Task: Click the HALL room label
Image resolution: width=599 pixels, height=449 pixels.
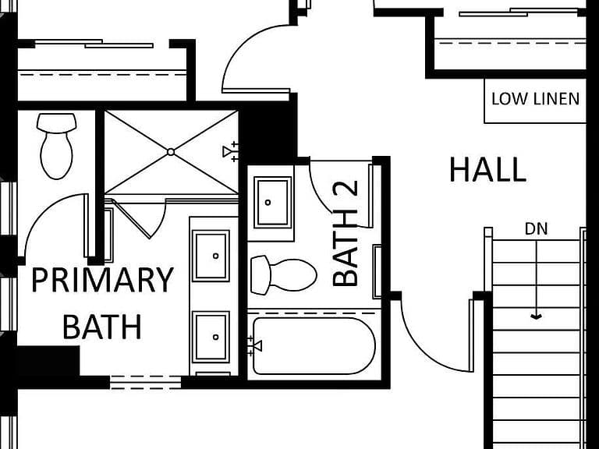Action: (x=487, y=169)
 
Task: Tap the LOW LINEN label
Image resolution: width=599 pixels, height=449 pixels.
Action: (x=535, y=99)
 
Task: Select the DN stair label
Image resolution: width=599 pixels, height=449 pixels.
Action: (x=536, y=228)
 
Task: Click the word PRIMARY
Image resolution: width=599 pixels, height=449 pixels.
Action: (x=102, y=280)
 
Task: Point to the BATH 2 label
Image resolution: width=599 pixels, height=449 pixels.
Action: (x=346, y=233)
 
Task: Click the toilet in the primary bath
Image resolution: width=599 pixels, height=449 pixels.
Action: (x=56, y=146)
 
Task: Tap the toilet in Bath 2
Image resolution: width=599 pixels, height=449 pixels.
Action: (x=283, y=275)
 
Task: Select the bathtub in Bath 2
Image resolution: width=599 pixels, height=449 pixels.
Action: (x=314, y=345)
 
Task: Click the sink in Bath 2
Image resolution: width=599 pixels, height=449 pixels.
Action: (x=273, y=203)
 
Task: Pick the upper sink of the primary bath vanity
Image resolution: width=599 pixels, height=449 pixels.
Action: (x=211, y=256)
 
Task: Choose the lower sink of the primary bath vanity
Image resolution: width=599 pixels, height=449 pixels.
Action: (x=211, y=337)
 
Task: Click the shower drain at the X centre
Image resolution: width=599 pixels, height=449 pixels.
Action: (x=171, y=152)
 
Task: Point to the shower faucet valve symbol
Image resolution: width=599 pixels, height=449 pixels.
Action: (x=231, y=151)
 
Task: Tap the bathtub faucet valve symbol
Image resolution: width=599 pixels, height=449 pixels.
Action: (x=254, y=346)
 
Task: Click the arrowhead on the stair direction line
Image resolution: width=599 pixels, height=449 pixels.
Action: (x=537, y=316)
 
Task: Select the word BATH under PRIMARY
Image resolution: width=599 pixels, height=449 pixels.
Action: (x=101, y=327)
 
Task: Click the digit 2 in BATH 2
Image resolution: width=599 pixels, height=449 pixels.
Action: (x=346, y=193)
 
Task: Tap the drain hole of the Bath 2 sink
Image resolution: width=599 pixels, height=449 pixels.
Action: (x=268, y=203)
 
